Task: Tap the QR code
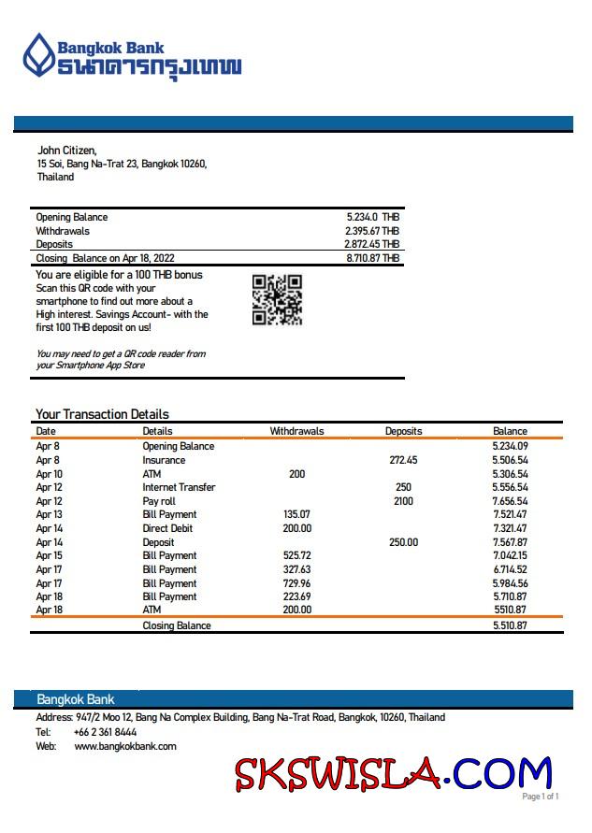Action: tap(277, 299)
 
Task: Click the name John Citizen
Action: tap(66, 151)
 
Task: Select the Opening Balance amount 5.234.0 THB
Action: tap(372, 217)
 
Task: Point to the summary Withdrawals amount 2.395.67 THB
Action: tap(371, 231)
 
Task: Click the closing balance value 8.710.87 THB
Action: tap(372, 258)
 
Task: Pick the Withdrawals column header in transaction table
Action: tap(296, 431)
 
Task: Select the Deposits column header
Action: tap(403, 431)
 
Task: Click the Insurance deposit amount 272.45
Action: tap(403, 460)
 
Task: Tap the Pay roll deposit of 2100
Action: tap(403, 501)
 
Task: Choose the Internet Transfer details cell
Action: tap(179, 487)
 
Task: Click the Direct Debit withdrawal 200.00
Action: tap(296, 528)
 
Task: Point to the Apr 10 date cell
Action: tap(49, 474)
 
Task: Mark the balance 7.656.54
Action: tap(510, 501)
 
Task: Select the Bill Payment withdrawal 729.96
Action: tap(296, 582)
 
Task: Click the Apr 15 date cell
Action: tap(49, 555)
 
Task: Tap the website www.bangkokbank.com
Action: tap(125, 746)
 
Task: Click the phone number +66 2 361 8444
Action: tap(105, 732)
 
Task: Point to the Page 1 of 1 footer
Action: tap(540, 797)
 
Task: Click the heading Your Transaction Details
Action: tap(102, 414)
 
